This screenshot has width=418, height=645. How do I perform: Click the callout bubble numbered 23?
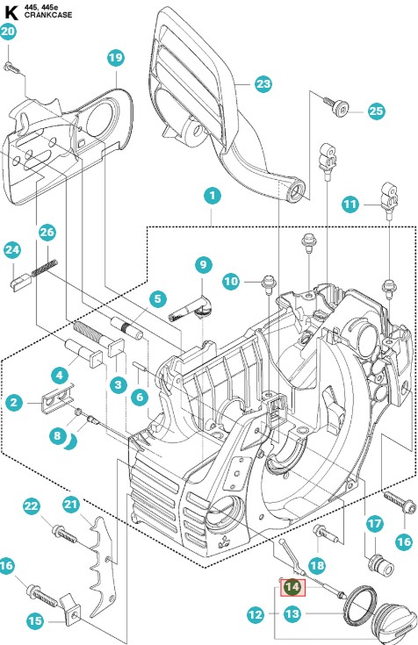tap(263, 84)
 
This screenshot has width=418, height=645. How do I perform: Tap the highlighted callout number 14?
tap(292, 587)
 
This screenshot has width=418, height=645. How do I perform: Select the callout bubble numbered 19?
tap(116, 58)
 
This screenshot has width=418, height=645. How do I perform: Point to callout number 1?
tap(213, 196)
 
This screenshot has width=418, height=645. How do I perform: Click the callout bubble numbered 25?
tap(376, 111)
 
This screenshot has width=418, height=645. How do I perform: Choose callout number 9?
tap(204, 264)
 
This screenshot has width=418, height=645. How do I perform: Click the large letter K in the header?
tap(11, 13)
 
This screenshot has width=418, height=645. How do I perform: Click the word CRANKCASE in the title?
tap(48, 15)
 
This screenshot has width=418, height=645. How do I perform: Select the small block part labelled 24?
tap(20, 283)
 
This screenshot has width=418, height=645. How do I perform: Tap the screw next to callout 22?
tap(64, 534)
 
